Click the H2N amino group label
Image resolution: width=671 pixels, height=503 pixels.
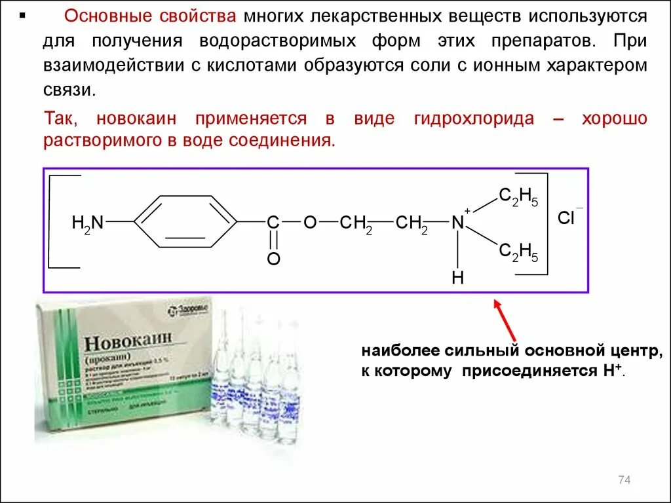[x=88, y=223]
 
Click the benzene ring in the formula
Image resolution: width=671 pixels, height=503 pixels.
[x=185, y=222]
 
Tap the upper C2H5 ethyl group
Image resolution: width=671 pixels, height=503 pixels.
[x=518, y=197]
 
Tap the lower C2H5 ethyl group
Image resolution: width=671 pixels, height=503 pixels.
[x=518, y=251]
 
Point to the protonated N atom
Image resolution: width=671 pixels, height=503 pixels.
[x=457, y=223]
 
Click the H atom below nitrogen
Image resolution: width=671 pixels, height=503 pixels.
[x=457, y=278]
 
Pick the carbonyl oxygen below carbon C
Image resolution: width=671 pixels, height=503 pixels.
[x=273, y=259]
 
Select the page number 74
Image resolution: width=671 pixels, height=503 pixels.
[x=623, y=481]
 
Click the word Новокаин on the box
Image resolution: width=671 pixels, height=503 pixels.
[x=128, y=343]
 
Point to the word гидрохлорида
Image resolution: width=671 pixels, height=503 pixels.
[x=473, y=119]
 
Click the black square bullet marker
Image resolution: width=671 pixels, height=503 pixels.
[x=24, y=14]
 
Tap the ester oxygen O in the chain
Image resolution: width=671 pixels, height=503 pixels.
[x=310, y=223]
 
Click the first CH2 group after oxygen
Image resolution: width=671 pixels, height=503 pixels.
[x=356, y=223]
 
